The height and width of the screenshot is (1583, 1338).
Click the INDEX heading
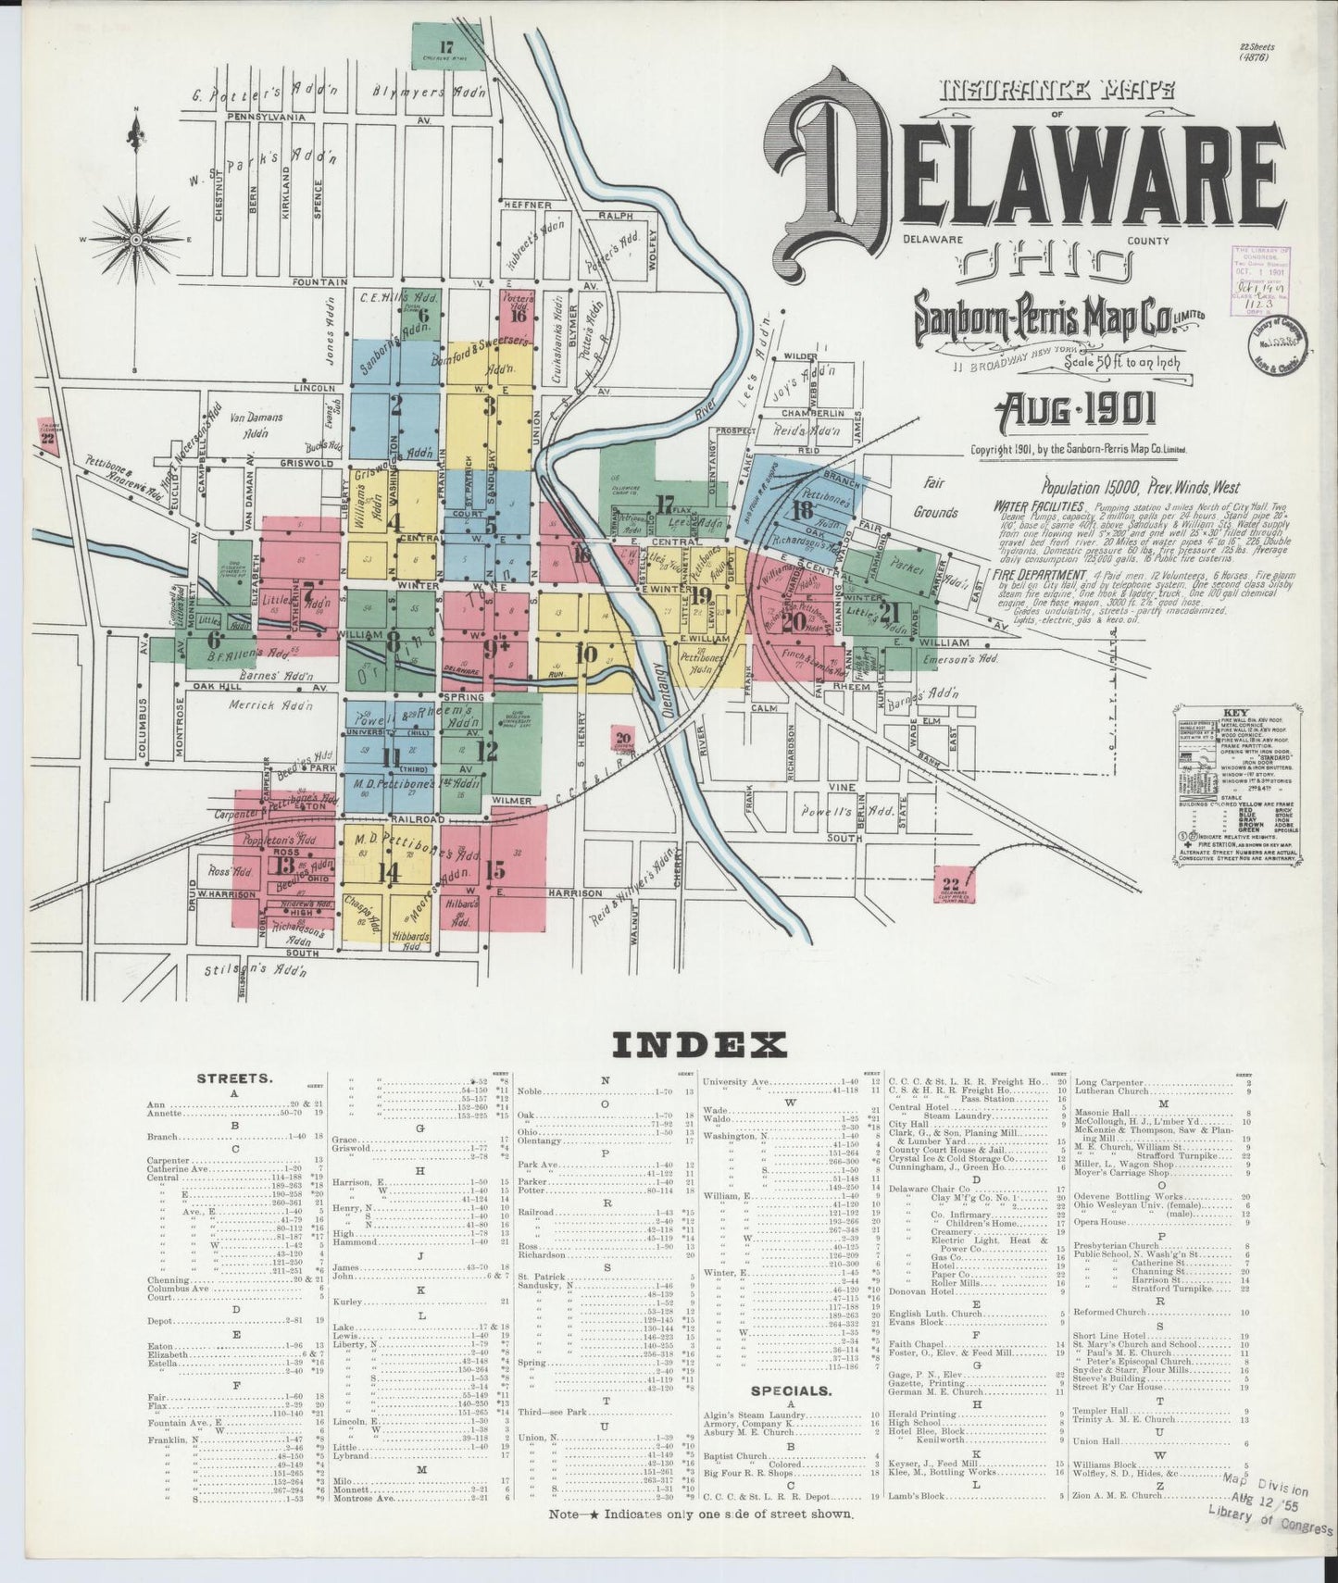699,1045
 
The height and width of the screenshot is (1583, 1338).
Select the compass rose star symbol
137,239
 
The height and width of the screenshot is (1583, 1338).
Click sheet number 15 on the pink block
495,870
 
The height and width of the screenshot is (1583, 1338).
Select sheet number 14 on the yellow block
388,872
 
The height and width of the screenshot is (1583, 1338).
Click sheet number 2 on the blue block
396,405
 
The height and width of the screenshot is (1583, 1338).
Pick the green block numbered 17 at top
447,47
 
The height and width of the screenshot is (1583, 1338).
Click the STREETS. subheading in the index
233,1078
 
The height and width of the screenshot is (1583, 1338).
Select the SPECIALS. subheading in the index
790,1390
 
